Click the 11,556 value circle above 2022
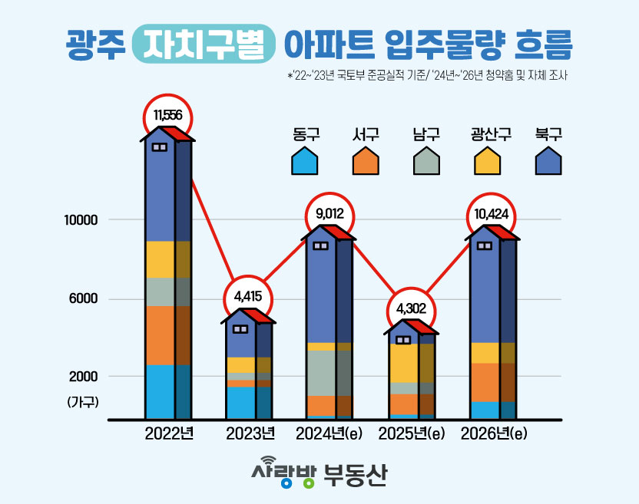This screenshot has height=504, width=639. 167,116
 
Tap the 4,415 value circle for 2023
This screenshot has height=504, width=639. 249,296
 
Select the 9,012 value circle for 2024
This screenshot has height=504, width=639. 329,214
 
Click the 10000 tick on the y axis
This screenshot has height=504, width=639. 81,220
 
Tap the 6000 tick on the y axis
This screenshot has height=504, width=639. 84,298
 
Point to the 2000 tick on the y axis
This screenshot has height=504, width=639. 84,376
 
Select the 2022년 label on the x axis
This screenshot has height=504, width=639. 169,433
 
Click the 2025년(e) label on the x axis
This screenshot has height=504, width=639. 412,433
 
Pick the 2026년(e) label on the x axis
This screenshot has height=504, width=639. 494,433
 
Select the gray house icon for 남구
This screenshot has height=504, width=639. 426,162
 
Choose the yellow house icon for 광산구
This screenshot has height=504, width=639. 487,162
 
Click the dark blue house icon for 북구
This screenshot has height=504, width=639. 548,162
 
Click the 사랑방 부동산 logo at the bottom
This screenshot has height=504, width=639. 319,473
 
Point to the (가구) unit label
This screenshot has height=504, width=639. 83,401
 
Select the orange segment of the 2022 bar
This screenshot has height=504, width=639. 160,335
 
